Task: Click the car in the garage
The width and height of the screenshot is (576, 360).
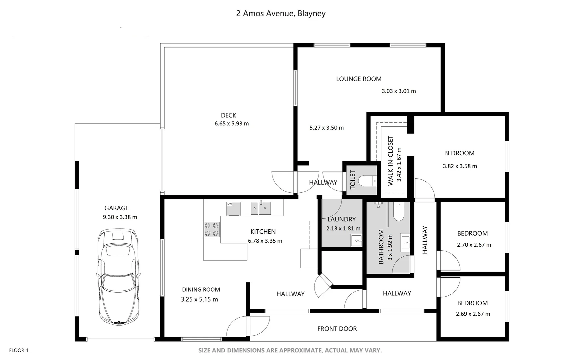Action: coord(119,277)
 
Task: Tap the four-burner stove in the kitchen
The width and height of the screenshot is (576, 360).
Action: coord(212,229)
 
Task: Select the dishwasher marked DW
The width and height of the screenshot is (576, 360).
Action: coord(234,209)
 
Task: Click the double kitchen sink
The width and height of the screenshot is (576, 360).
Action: coord(261,208)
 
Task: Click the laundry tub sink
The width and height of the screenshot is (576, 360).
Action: coord(356,240)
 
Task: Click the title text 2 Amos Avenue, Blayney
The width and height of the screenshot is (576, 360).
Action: coord(281,14)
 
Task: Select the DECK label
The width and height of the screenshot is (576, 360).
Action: coord(229,115)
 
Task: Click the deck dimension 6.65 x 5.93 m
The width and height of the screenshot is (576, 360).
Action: coord(232,124)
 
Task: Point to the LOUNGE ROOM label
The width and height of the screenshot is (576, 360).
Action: coord(359,79)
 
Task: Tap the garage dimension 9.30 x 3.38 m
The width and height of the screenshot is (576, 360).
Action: coord(120,217)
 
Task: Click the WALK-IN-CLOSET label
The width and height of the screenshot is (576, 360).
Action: coord(391,160)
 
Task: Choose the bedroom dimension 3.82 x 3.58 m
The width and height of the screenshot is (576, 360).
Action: coord(460,166)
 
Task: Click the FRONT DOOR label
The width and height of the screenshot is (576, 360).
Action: coord(337,329)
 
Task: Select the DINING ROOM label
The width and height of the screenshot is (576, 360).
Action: coord(201,290)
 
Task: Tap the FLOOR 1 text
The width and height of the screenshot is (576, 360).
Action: coord(19,350)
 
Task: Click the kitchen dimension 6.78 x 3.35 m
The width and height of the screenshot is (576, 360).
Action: coord(265,241)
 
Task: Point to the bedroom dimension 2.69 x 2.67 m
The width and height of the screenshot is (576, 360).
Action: coord(473,314)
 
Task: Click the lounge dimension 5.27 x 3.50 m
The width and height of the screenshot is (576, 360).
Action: coord(326,128)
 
